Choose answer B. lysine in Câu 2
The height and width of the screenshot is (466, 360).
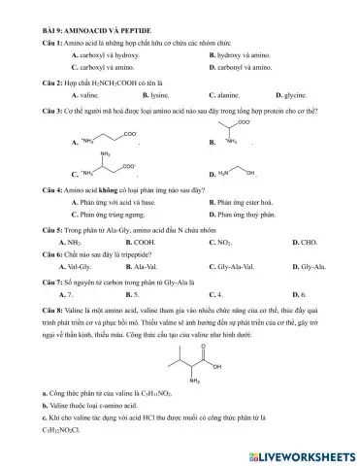point(155,97)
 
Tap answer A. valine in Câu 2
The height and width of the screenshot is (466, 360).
point(86,97)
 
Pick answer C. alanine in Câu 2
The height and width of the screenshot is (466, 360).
point(225,97)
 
